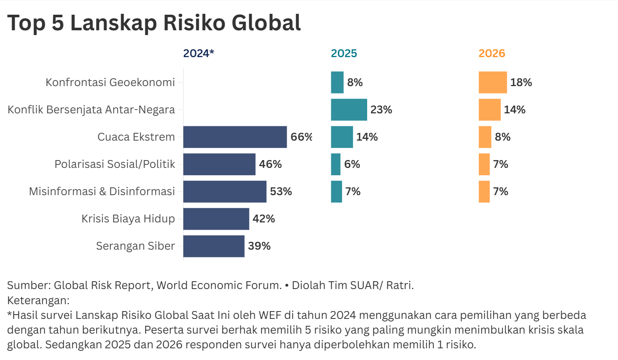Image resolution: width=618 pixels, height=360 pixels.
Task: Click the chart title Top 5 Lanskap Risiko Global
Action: pos(154,22)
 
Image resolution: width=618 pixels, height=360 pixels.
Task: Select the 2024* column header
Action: pos(199,53)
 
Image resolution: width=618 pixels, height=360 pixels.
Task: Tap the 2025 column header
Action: pos(344,53)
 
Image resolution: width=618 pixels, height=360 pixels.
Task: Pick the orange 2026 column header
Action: pos(492,53)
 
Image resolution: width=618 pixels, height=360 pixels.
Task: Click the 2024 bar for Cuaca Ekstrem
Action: pos(235,137)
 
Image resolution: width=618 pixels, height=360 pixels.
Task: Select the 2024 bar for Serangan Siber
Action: pos(214,246)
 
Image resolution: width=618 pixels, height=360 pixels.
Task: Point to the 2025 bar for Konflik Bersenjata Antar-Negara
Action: pos(349,110)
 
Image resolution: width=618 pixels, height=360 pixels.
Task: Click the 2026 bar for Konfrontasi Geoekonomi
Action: pos(493,83)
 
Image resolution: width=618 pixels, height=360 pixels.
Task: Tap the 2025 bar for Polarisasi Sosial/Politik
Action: pos(336,164)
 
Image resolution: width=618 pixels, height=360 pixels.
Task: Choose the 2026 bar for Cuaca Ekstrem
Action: pos(485,137)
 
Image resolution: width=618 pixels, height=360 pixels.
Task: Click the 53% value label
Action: pos(281,192)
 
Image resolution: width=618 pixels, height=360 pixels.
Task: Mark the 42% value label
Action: pos(264,219)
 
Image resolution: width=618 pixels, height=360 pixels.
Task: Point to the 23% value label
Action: pos(381,110)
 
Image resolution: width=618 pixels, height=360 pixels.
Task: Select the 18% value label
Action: pos(521,83)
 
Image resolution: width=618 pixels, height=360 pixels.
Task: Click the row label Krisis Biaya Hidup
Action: pos(128,219)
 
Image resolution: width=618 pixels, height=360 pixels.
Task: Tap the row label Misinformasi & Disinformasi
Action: pos(102,192)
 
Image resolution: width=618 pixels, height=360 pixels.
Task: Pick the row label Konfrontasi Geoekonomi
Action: pos(110,83)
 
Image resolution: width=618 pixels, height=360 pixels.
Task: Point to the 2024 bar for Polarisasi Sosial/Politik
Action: pos(219,164)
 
